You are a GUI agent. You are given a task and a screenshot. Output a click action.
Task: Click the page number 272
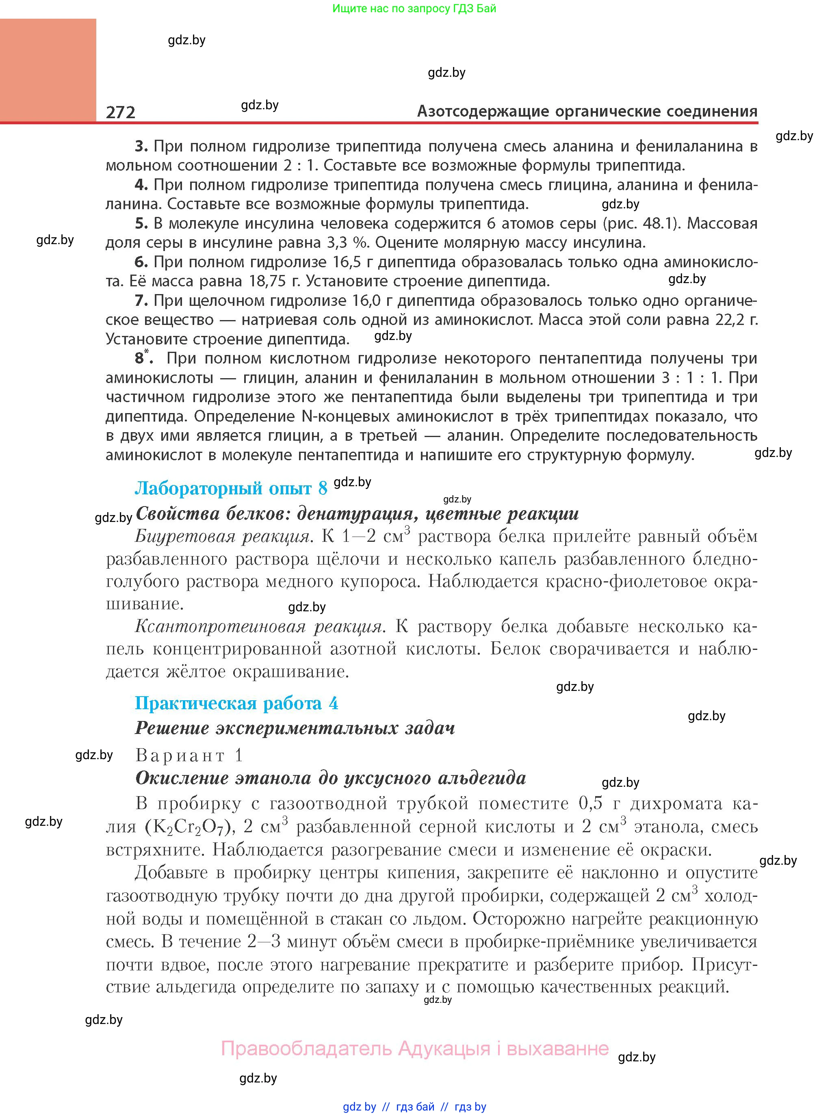(121, 112)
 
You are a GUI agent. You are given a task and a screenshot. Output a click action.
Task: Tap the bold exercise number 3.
(141, 146)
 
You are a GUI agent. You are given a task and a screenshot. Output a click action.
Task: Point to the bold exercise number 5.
(141, 223)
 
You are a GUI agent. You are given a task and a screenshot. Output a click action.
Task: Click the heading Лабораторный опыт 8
(231, 488)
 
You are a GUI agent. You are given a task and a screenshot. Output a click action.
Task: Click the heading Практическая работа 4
(236, 703)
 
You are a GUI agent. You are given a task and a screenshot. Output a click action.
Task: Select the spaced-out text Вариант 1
(189, 755)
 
